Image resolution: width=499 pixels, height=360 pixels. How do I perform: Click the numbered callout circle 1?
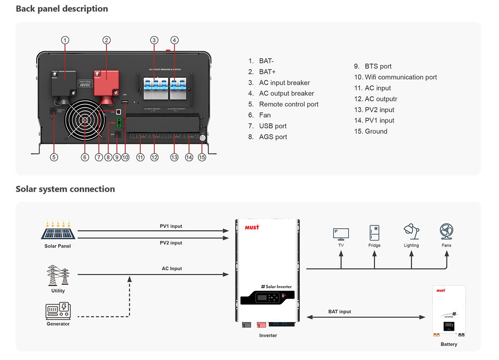tap(65, 40)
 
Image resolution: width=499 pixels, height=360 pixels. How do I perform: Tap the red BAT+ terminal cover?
tap(106, 80)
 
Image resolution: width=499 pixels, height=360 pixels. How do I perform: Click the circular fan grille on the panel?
tap(85, 120)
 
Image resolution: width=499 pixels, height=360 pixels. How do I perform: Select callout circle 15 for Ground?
tap(202, 157)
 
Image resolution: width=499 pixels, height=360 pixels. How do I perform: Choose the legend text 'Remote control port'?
tap(289, 104)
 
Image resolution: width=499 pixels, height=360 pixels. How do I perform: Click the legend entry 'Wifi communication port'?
tap(401, 77)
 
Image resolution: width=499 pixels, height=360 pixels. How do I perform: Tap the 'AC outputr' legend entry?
tap(381, 99)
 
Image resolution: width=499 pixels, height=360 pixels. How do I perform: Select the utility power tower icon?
tap(58, 276)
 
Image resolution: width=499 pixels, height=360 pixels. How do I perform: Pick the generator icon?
tap(58, 311)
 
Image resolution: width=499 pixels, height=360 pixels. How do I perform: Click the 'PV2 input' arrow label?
tap(171, 243)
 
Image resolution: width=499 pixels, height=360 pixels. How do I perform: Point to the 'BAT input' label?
tap(339, 311)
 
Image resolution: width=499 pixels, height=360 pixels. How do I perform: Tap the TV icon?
tap(341, 234)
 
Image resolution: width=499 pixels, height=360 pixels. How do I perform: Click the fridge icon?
tap(374, 233)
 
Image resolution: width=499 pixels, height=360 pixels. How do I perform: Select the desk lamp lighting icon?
tap(411, 232)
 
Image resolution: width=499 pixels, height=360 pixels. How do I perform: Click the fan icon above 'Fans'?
tap(446, 232)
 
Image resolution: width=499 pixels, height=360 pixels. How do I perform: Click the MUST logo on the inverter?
tap(252, 227)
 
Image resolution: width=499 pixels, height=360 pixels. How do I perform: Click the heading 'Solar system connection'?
tap(65, 189)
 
